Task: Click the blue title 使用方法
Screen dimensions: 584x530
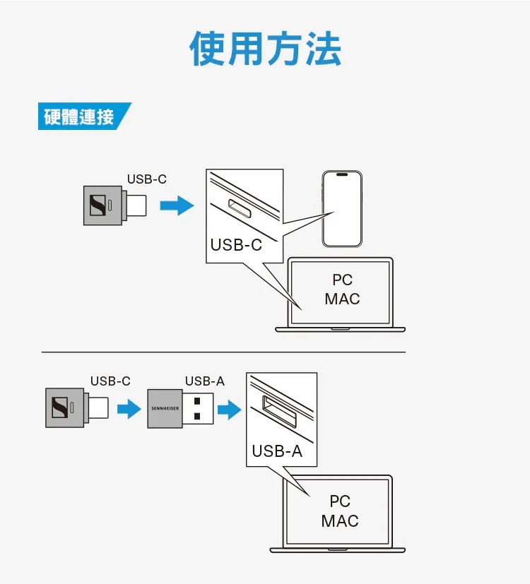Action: [x=265, y=49]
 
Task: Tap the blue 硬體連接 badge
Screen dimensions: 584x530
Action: [x=81, y=117]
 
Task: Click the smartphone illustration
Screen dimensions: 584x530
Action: [x=342, y=208]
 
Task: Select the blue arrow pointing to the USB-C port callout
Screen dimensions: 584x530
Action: [x=176, y=206]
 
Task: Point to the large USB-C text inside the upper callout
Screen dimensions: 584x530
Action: [x=236, y=245]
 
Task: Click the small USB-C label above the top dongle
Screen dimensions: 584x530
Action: [x=147, y=179]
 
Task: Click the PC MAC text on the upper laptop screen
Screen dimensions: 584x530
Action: [x=342, y=290]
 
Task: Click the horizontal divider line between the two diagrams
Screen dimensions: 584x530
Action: [x=223, y=352]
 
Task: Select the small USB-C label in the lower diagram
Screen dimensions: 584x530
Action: [x=110, y=381]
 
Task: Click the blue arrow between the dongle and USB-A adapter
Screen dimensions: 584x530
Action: [x=129, y=409]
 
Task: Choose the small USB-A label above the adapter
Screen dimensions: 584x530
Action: [x=205, y=381]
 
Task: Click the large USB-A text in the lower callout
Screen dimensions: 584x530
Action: [x=277, y=451]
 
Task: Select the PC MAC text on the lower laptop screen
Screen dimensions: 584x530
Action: [x=340, y=511]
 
